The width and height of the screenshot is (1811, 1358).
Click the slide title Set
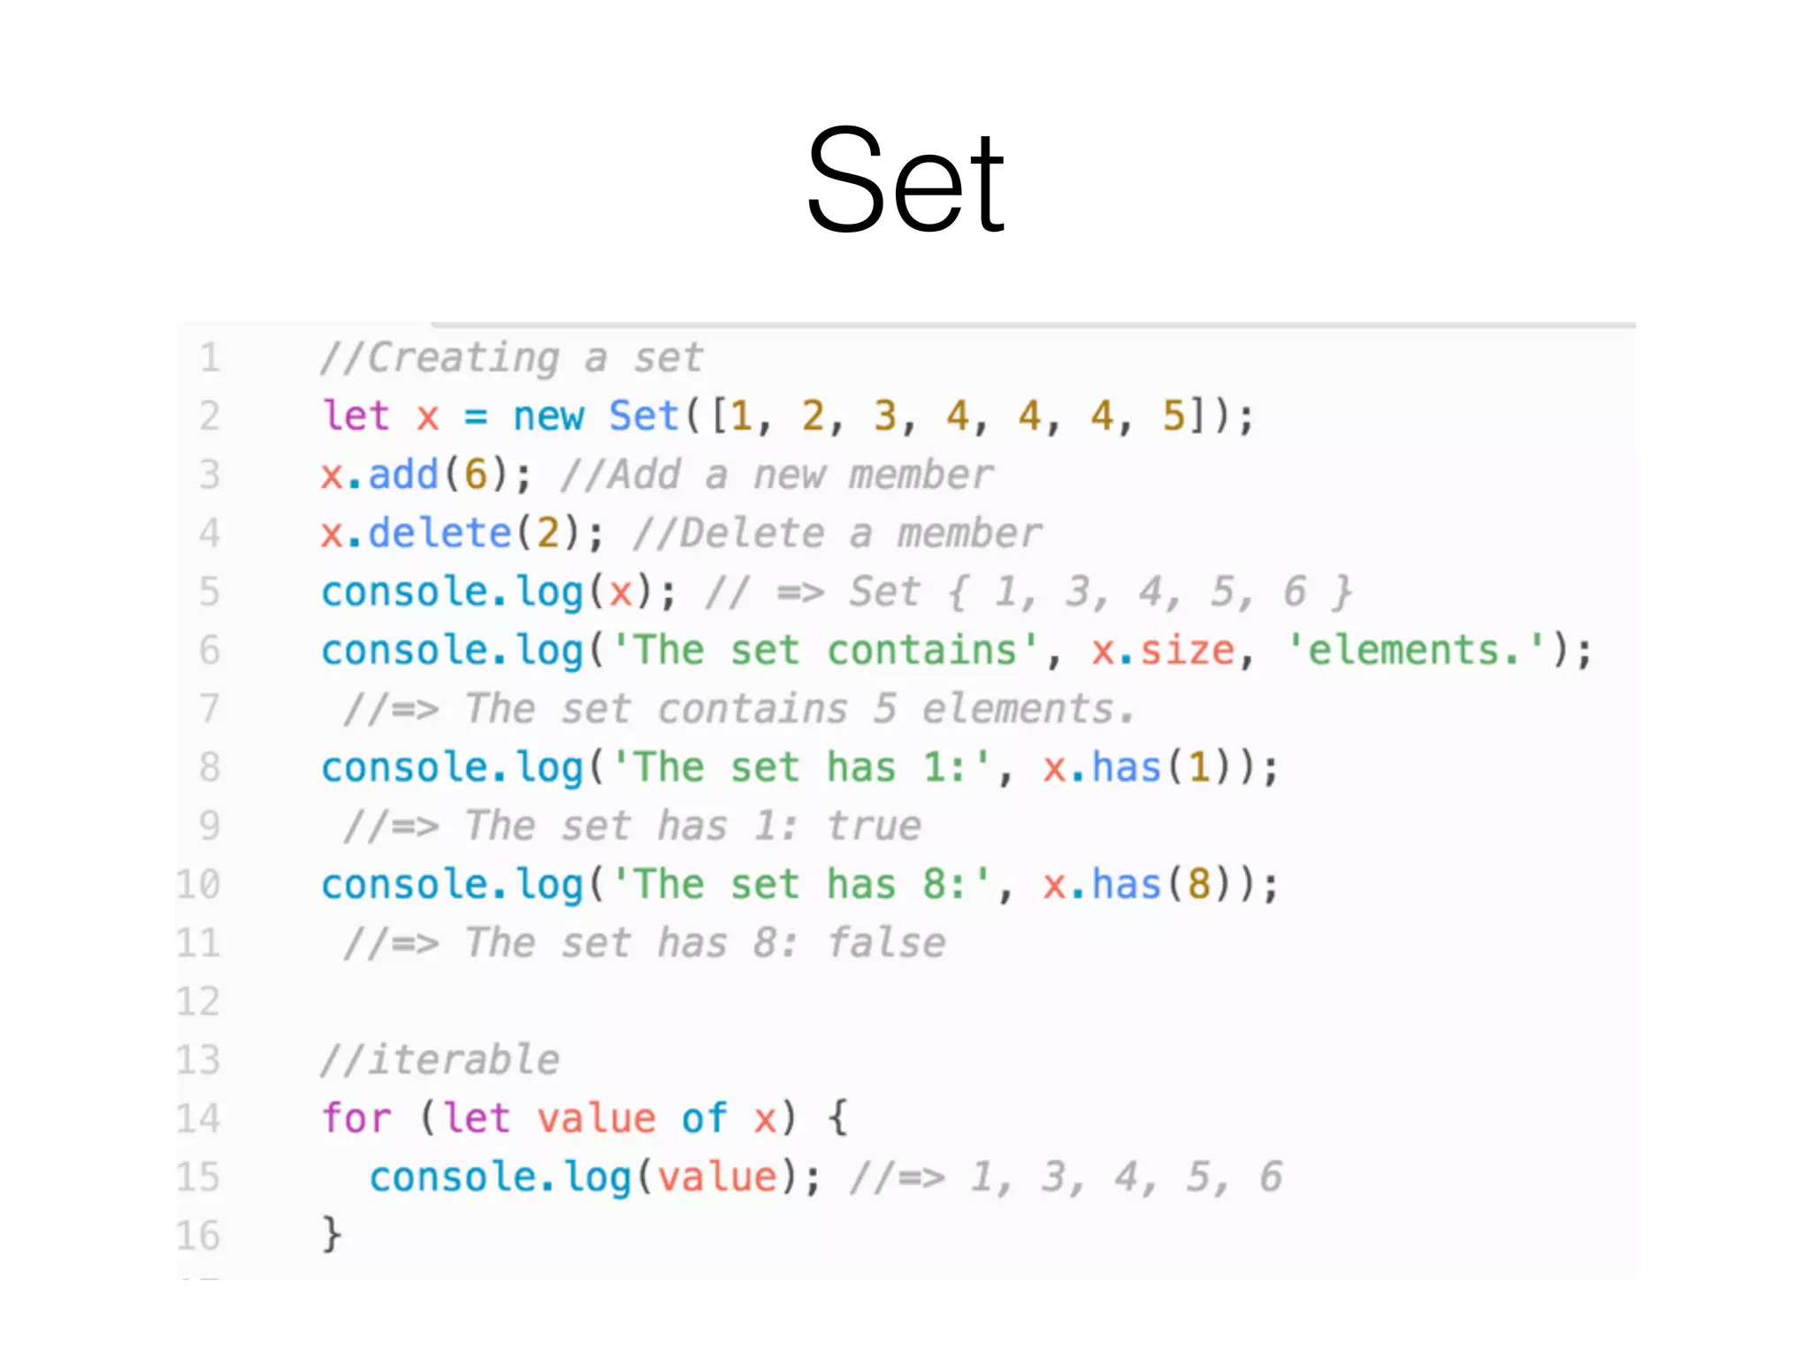pyautogui.click(x=905, y=181)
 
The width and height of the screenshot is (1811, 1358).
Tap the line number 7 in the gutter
pyautogui.click(x=210, y=709)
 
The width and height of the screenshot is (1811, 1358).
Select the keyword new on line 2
pyautogui.click(x=548, y=416)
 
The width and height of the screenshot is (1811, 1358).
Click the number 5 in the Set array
pyautogui.click(x=1173, y=416)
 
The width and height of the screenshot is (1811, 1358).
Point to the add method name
pyautogui.click(x=403, y=476)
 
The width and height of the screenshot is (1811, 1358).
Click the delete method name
pyautogui.click(x=439, y=534)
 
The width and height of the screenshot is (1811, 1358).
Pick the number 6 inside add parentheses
pyautogui.click(x=476, y=476)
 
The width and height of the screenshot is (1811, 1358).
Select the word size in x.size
pyautogui.click(x=1187, y=652)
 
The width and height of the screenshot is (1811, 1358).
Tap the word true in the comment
pyautogui.click(x=874, y=827)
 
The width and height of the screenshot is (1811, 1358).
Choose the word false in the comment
pyautogui.click(x=886, y=943)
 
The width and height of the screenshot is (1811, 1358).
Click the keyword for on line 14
pyautogui.click(x=355, y=1118)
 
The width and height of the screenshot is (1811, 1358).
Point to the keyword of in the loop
pyautogui.click(x=704, y=1118)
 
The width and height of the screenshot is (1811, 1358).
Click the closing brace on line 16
pyautogui.click(x=331, y=1234)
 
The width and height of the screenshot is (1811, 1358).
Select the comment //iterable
pyautogui.click(x=439, y=1060)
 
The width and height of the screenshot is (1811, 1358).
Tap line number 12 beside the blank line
pyautogui.click(x=198, y=1002)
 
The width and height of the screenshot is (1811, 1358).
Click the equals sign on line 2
pyautogui.click(x=476, y=416)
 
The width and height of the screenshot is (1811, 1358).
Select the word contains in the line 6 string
pyautogui.click(x=921, y=652)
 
